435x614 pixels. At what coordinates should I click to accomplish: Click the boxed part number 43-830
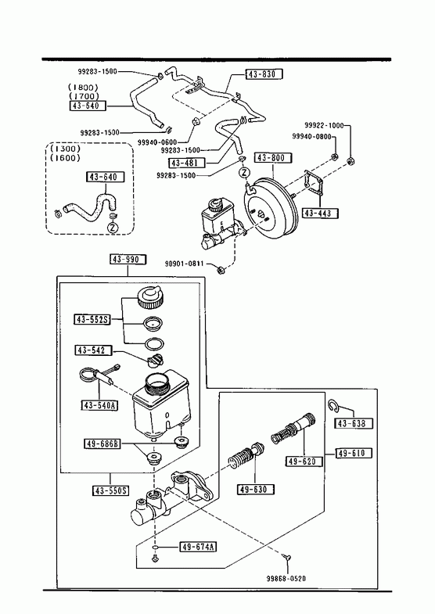(264, 74)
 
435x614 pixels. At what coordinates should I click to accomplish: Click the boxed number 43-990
(128, 259)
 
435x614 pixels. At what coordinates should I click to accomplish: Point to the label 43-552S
(92, 320)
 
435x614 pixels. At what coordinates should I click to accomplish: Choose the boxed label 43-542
(93, 350)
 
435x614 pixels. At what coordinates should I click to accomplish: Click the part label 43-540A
(99, 405)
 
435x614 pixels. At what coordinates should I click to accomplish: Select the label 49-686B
(102, 444)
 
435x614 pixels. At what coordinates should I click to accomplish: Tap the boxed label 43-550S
(111, 490)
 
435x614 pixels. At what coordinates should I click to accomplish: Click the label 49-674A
(198, 547)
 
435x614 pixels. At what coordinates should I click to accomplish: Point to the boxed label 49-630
(256, 489)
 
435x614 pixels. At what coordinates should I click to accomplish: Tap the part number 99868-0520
(286, 578)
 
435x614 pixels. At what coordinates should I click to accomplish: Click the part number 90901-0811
(185, 264)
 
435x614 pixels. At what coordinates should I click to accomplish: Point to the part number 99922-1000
(324, 125)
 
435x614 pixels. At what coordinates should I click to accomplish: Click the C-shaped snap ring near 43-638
(333, 407)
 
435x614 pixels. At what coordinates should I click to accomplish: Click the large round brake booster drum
(271, 206)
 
